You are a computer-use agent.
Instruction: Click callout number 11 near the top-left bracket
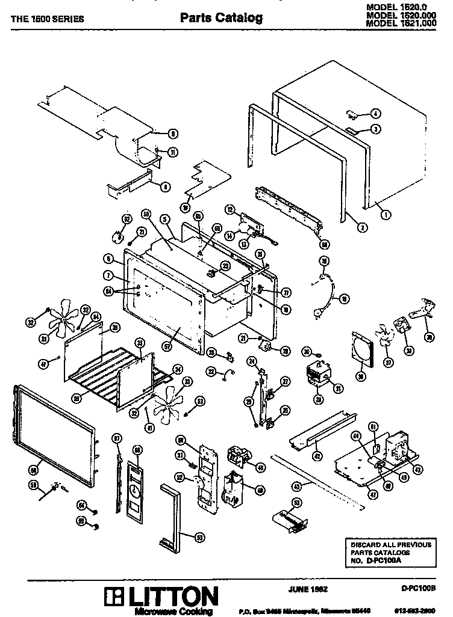[x=173, y=152]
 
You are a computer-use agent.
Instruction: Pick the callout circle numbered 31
[x=338, y=388]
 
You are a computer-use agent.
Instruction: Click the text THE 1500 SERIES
[x=48, y=19]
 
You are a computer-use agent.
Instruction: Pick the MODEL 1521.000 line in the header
[x=400, y=23]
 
